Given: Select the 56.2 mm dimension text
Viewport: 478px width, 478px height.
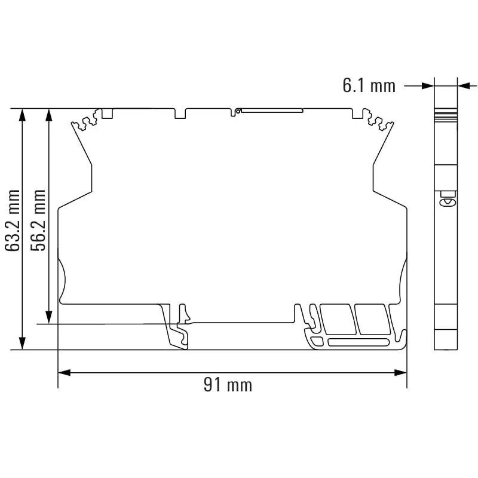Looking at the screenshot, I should click(x=39, y=220).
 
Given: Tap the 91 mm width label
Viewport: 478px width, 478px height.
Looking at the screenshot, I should click(x=228, y=385).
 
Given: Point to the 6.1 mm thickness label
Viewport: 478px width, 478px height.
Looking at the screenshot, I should click(x=369, y=85).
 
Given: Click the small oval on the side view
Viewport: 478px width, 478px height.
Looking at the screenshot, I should click(x=445, y=203).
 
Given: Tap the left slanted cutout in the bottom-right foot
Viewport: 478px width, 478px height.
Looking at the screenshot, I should click(x=335, y=318).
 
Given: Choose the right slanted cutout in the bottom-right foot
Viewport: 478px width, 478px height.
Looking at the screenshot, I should click(x=371, y=318).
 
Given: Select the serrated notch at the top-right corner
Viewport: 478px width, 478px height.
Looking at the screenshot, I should click(x=380, y=123).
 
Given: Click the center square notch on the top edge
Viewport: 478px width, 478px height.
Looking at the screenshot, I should click(x=180, y=113).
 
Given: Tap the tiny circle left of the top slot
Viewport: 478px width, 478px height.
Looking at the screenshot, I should click(x=237, y=111).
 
